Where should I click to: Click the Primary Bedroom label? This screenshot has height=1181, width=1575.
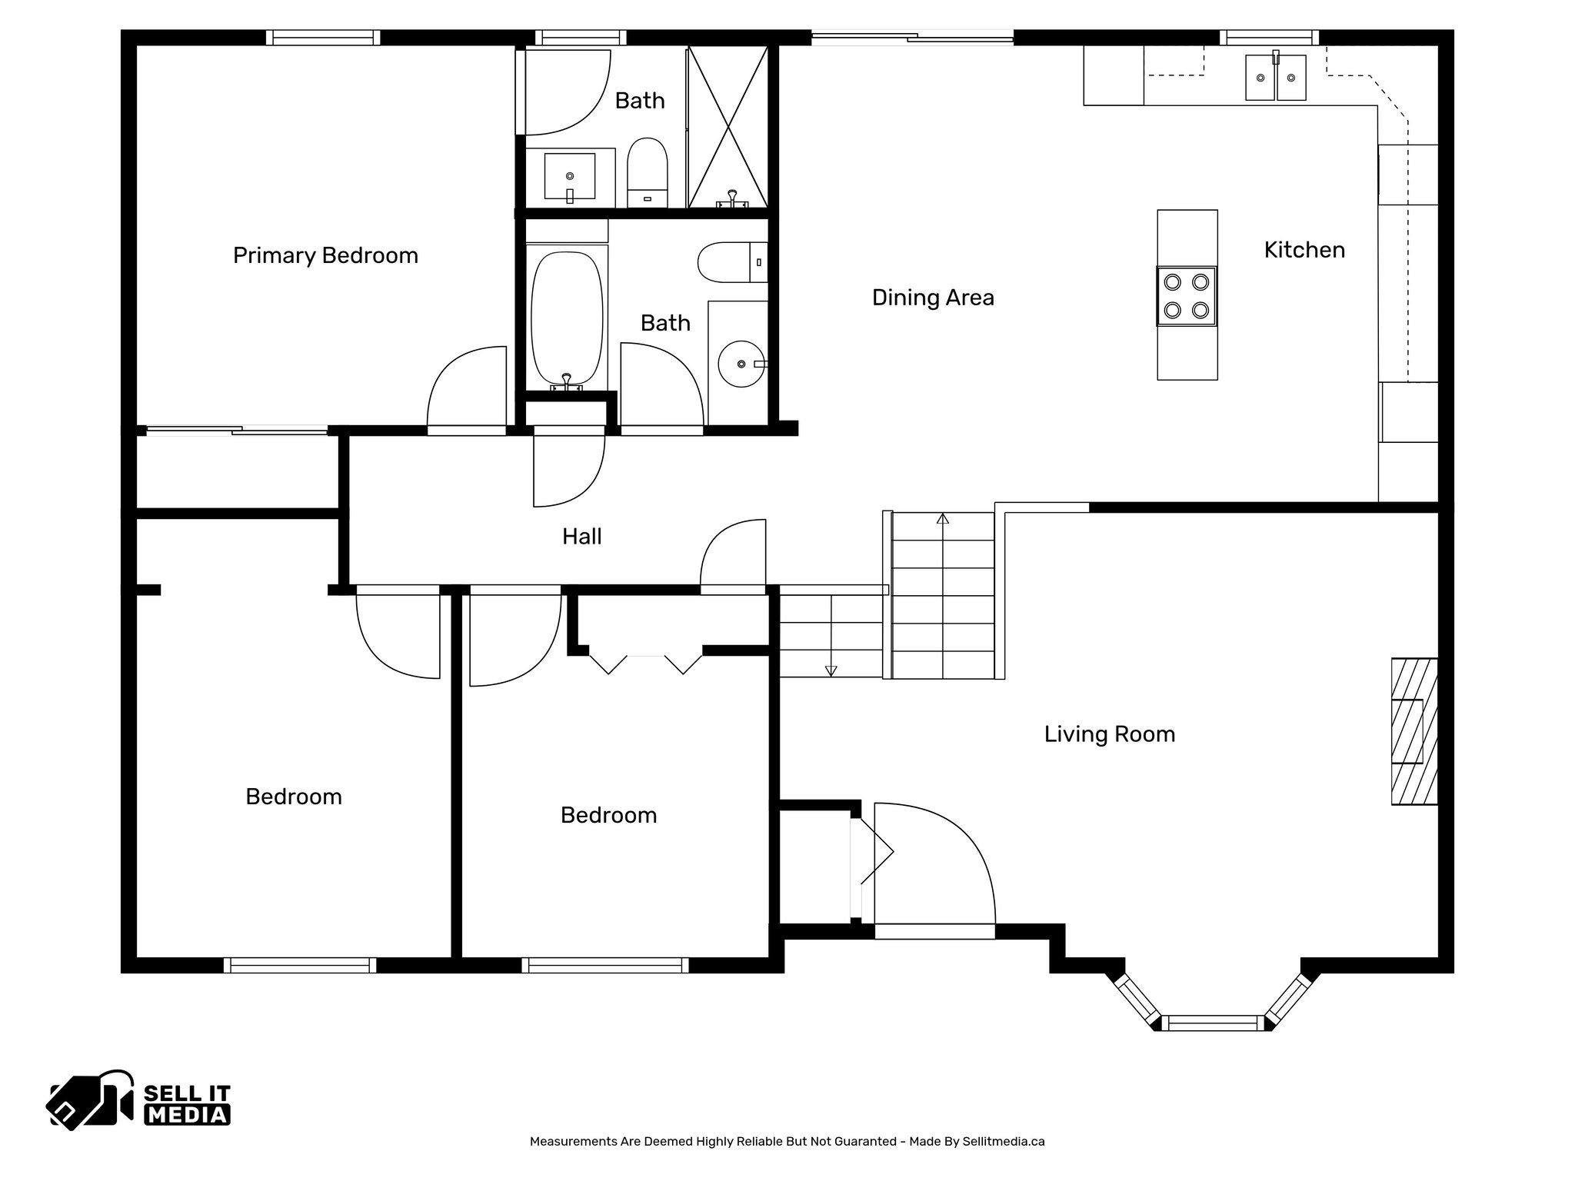click(325, 255)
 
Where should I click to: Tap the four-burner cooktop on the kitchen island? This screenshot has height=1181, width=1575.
click(1187, 296)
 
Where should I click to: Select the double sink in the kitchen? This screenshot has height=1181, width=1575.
click(1276, 77)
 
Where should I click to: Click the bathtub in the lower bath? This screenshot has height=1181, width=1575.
click(566, 318)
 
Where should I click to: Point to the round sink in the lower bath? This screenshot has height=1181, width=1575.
click(740, 363)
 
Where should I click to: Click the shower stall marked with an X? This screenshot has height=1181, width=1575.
click(728, 126)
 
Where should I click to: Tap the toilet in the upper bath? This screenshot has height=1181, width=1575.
click(647, 171)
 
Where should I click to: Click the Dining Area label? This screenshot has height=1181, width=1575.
click(932, 298)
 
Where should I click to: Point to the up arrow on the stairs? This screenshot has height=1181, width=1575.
click(943, 518)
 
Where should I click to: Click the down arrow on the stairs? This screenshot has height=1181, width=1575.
click(831, 670)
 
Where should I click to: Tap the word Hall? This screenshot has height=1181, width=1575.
click(581, 537)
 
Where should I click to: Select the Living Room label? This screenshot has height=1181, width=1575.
click(1109, 734)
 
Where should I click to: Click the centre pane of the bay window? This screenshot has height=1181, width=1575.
click(1213, 1023)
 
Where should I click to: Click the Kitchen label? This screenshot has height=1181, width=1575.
click(1304, 250)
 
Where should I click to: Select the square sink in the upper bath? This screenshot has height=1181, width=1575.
click(570, 175)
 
